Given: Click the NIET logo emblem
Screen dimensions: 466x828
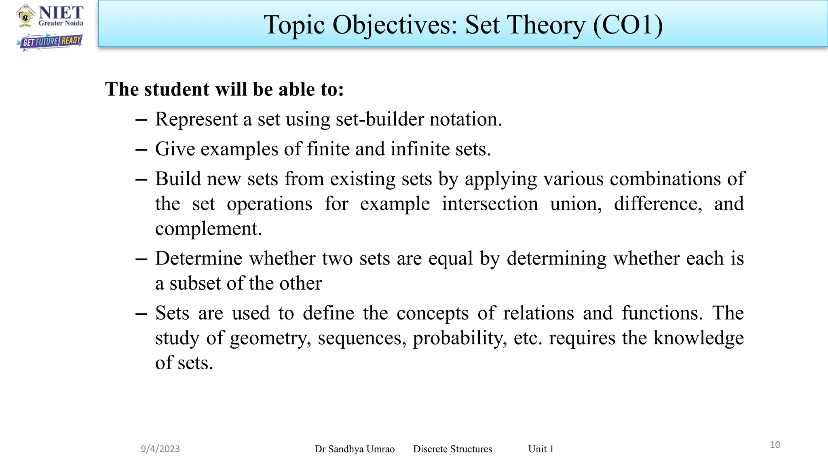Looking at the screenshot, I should [x=25, y=16].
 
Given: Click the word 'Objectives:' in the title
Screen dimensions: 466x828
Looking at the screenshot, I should [x=395, y=25].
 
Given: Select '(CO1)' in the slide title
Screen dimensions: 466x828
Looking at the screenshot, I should [x=628, y=25].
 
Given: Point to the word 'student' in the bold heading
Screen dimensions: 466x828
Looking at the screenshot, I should [x=176, y=89].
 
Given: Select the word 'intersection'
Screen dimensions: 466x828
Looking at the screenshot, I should [x=490, y=203].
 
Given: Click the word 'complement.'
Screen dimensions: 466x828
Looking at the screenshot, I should [x=209, y=229].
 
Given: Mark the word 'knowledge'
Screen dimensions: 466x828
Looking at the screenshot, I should [x=698, y=337].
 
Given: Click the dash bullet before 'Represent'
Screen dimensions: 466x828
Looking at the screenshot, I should [x=141, y=120].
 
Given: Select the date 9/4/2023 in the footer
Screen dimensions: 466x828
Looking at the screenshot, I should [x=160, y=449].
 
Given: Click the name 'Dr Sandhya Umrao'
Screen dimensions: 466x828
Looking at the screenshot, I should [x=355, y=449].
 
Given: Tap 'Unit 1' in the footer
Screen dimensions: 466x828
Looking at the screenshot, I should [x=541, y=449].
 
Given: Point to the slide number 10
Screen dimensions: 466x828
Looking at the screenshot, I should [x=775, y=445].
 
